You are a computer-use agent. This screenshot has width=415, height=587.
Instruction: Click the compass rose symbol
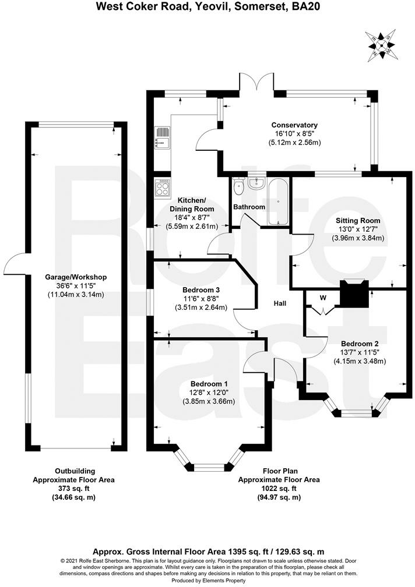382,45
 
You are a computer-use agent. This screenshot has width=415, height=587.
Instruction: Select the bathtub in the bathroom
278,201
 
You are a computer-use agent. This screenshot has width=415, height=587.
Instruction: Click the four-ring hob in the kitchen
161,188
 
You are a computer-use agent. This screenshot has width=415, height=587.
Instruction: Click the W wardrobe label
322,298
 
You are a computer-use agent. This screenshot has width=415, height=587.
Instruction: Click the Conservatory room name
294,125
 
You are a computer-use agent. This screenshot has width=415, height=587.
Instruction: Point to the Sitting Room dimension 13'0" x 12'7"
357,229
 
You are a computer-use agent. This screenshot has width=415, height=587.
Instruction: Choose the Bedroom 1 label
209,384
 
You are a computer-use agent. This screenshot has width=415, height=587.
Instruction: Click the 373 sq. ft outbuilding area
74,489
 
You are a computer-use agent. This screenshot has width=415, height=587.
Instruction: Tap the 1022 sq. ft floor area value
279,489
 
